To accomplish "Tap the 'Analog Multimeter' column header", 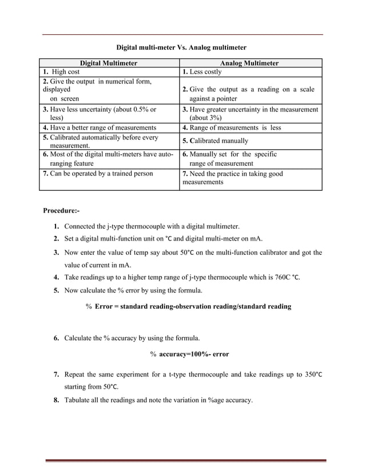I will pyautogui.click(x=250, y=63).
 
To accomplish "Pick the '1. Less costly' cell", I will pyautogui.click(x=202, y=72).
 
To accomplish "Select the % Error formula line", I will pyautogui.click(x=188, y=306).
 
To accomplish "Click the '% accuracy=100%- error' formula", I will pyautogui.click(x=189, y=354).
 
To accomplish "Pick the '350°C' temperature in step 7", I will pyautogui.click(x=311, y=374).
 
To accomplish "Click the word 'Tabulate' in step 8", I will pyautogui.click(x=80, y=400).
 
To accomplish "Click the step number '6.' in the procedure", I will pyautogui.click(x=58, y=338).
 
